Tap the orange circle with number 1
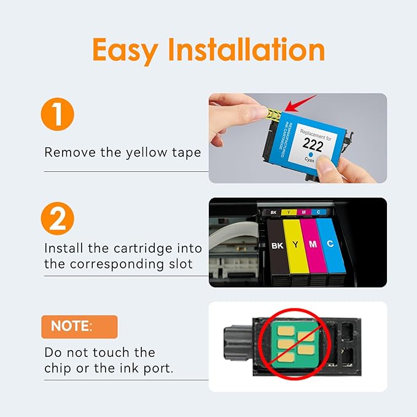click(59, 116)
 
